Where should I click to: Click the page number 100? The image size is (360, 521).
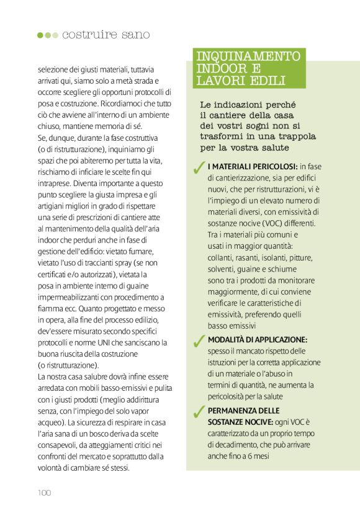tap(43, 493)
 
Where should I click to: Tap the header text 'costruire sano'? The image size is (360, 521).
tap(106, 35)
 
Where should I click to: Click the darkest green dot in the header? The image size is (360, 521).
tap(40, 35)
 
